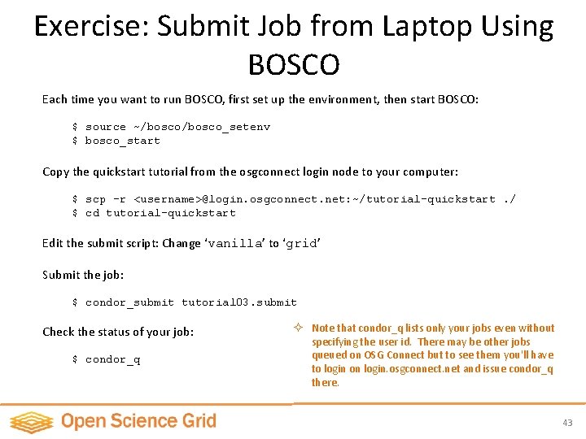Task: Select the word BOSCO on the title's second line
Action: click(294, 64)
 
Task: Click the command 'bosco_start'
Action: click(123, 141)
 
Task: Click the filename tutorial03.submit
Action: click(239, 302)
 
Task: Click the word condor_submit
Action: click(129, 302)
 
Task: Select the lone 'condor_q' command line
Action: click(112, 359)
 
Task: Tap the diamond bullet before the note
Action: click(299, 328)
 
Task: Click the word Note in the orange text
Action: click(323, 328)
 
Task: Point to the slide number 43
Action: click(567, 423)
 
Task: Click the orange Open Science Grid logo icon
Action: click(31, 421)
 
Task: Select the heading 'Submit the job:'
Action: click(83, 275)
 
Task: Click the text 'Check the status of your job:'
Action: click(118, 332)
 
